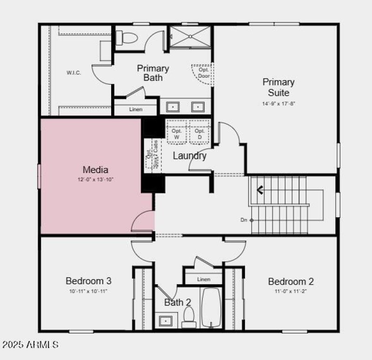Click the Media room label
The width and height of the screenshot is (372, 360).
point(96,170)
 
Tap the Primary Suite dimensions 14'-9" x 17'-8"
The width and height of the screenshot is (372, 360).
point(279,104)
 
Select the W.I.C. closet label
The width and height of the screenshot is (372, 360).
point(73,73)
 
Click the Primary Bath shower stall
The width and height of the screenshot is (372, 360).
point(190,37)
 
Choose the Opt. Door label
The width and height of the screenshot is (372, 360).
point(204,73)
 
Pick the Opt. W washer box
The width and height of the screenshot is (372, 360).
point(176,134)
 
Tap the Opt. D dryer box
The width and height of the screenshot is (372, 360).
point(200,134)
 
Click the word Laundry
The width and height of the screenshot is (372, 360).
point(189,156)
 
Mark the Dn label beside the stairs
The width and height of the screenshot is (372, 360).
point(244,220)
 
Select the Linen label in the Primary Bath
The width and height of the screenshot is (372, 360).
point(136,109)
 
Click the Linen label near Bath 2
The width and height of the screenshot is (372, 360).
point(204,280)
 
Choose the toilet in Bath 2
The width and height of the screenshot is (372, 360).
point(189,318)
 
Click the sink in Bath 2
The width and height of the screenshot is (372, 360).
point(165,320)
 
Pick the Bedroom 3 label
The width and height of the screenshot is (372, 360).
point(88,281)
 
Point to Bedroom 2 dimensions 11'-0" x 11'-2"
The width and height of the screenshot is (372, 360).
point(291,292)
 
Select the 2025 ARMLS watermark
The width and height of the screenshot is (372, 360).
point(30,345)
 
